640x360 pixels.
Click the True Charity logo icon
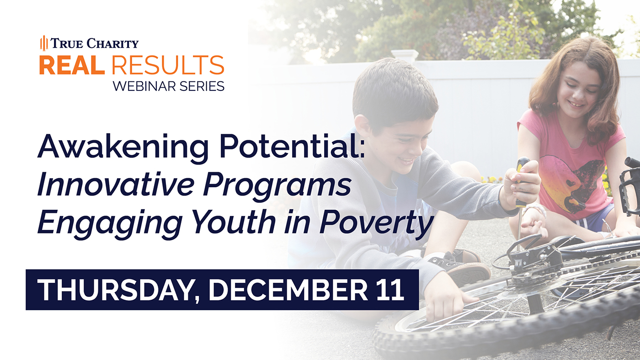click(x=44, y=43)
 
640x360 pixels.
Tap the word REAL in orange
click(x=72, y=65)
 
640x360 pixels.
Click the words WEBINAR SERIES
click(x=169, y=86)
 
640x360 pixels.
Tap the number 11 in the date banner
click(x=389, y=290)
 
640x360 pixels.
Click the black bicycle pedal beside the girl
click(x=629, y=187)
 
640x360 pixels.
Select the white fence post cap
click(x=404, y=55)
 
